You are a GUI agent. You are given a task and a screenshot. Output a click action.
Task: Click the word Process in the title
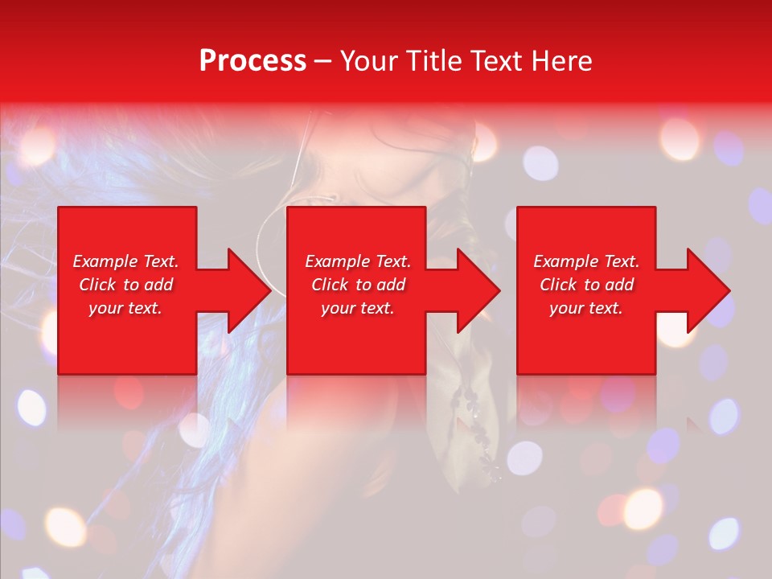pos(253,61)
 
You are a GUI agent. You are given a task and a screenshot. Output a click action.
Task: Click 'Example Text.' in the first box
pos(125,261)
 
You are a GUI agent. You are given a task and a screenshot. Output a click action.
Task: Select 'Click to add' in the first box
pos(125,285)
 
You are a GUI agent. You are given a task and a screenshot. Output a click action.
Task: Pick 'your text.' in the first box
pos(125,308)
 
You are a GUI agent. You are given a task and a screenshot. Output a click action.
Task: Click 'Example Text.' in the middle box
pos(358,261)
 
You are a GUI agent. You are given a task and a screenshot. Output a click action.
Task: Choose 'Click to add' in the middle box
pos(358,285)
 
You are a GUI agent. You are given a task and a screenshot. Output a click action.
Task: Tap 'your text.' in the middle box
pos(358,308)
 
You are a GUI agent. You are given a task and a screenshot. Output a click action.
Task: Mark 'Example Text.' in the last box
pos(586,261)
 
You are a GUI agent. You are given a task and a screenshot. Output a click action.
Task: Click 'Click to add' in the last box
pos(586,285)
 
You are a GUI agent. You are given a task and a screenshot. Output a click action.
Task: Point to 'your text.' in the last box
pos(586,308)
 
